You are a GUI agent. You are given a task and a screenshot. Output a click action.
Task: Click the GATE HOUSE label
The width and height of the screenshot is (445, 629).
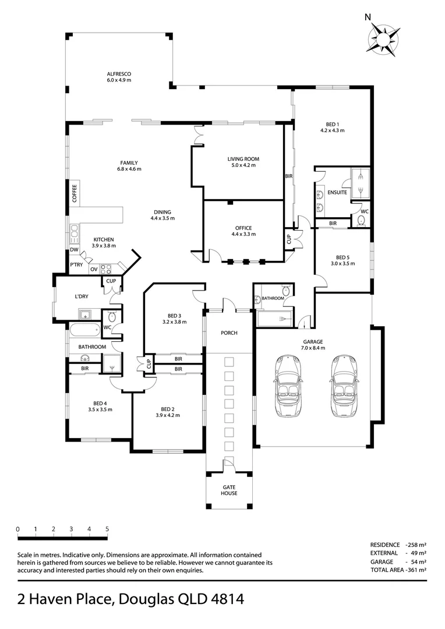[x=229, y=490]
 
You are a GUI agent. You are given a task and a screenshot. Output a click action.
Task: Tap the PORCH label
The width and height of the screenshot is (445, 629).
[x=229, y=333]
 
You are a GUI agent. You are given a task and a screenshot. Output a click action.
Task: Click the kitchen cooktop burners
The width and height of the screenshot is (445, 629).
[x=106, y=268]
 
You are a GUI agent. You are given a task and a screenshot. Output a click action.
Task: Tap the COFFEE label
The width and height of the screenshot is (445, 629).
[x=74, y=193]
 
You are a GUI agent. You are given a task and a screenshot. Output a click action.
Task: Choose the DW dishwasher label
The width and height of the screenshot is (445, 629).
[x=74, y=249]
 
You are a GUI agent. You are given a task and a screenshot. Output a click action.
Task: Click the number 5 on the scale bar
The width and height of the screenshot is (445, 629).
[x=107, y=529]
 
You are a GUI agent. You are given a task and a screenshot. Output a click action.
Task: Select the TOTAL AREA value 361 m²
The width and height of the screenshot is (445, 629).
[x=417, y=570]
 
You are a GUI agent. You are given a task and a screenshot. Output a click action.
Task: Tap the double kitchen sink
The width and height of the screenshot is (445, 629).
[x=74, y=234]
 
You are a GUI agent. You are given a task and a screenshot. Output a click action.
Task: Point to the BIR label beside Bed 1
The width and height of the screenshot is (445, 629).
[x=289, y=176]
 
